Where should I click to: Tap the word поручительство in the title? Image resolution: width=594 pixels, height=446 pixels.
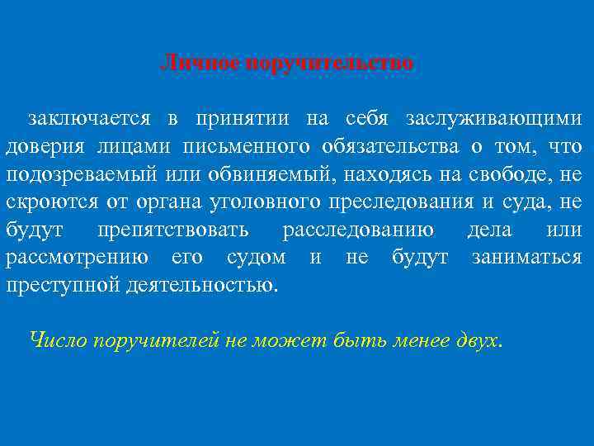[x=328, y=62]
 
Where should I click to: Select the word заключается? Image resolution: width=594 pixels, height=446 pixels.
[x=88, y=119]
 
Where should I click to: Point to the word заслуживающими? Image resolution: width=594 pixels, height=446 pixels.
[x=493, y=119]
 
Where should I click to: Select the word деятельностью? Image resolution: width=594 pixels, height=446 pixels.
[x=203, y=286]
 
